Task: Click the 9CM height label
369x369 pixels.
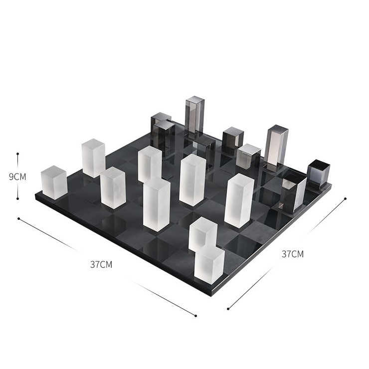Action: (x=17, y=177)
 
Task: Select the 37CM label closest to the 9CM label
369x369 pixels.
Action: (x=101, y=264)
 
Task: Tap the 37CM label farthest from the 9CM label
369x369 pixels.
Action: (x=293, y=254)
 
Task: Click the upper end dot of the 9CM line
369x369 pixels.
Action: (x=17, y=154)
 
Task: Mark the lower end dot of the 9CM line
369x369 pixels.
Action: (x=17, y=198)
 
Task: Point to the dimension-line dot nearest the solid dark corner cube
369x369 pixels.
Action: (x=345, y=198)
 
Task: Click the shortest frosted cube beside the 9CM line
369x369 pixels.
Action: (x=54, y=183)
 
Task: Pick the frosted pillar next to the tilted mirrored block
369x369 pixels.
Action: (x=239, y=201)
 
